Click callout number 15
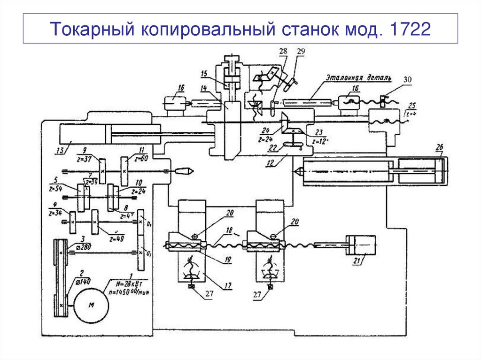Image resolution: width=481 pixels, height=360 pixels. click(203, 73)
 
